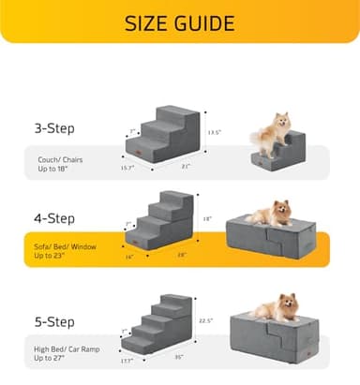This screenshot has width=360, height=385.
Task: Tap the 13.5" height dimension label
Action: pyautogui.click(x=215, y=132)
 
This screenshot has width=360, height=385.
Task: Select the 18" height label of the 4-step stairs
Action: pyautogui.click(x=208, y=219)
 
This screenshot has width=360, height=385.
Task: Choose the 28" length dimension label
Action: pyautogui.click(x=180, y=256)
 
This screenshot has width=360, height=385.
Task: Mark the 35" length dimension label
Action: pyautogui.click(x=179, y=357)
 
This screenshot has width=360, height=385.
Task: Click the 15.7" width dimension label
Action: pyautogui.click(x=127, y=168)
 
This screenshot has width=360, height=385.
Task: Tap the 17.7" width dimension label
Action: pyautogui.click(x=127, y=359)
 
